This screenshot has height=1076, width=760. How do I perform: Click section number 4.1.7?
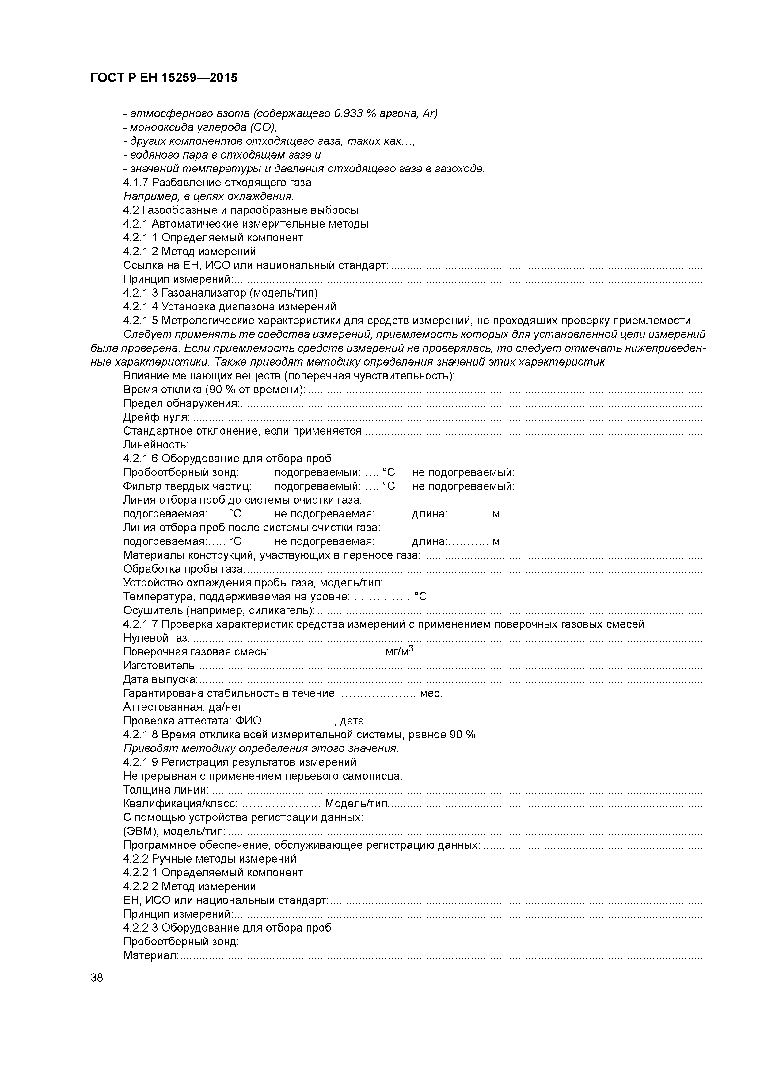tap(136, 182)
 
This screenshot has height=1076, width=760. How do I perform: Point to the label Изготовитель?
tap(160, 666)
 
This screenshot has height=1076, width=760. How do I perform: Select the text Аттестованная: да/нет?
tap(183, 707)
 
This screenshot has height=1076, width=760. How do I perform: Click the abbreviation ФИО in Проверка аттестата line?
tap(249, 721)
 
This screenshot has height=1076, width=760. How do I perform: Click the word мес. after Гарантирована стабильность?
tap(431, 693)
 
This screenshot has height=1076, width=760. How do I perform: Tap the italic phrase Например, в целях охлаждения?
tap(208, 196)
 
